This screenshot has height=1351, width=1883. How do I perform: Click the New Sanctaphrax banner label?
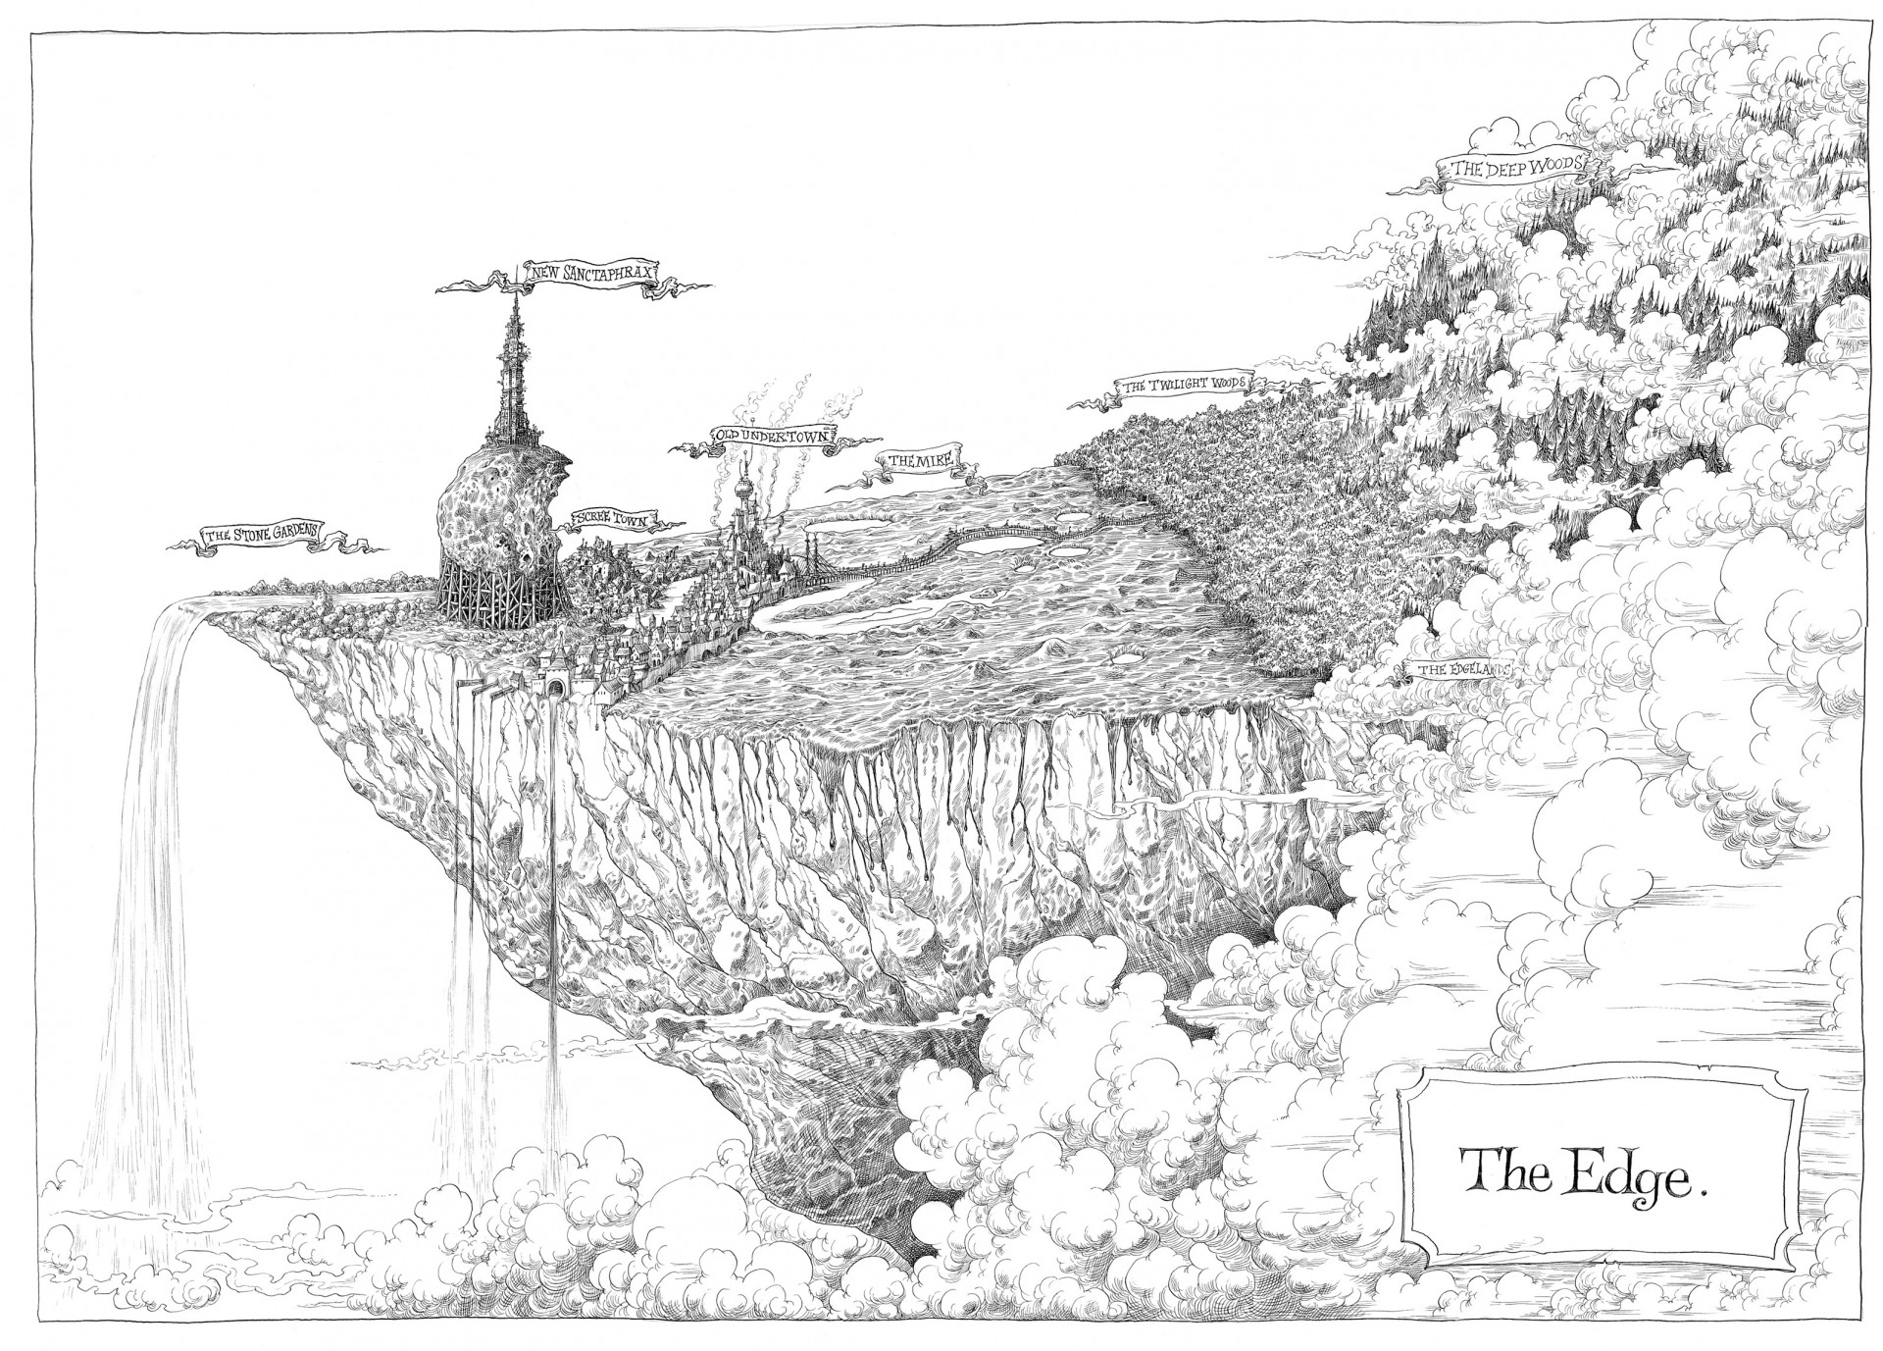coord(590,274)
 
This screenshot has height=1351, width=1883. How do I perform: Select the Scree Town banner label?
coord(610,520)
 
